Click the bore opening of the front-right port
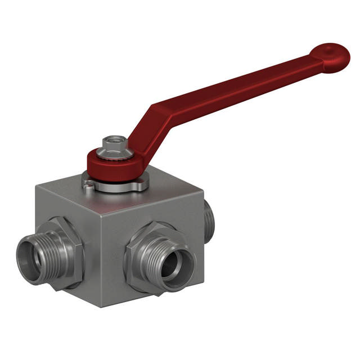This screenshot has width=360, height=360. click(x=175, y=263)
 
